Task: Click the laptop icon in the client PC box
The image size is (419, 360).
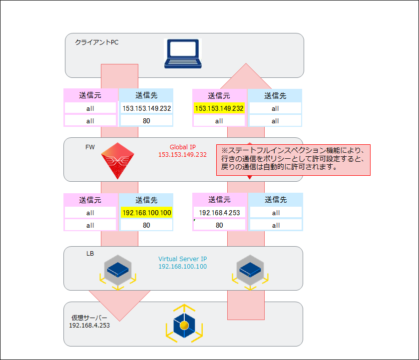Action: click(x=183, y=54)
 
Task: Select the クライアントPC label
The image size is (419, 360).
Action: click(x=96, y=42)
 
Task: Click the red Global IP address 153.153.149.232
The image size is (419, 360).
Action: click(x=182, y=155)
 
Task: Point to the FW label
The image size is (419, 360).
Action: click(x=89, y=147)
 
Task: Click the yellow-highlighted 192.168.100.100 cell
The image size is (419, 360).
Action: click(x=146, y=213)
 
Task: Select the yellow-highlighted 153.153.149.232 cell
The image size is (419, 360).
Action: click(x=219, y=108)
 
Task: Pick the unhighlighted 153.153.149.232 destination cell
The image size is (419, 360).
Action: click(x=146, y=108)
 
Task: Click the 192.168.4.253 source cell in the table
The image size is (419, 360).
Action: click(x=219, y=213)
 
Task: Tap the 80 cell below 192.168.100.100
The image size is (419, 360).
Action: click(x=146, y=225)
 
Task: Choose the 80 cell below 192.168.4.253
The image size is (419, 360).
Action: click(x=219, y=225)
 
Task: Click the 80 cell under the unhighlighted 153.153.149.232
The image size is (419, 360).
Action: click(x=146, y=121)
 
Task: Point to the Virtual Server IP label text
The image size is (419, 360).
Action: click(x=182, y=259)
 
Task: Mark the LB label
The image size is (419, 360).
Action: click(x=90, y=254)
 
